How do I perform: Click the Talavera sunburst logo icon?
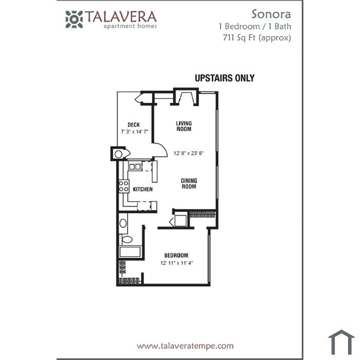coord(74,20)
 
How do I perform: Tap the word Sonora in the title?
coord(271,14)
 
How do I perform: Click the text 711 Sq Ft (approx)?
coord(257,38)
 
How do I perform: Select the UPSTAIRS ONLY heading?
coord(225,78)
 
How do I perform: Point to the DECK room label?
coord(134,124)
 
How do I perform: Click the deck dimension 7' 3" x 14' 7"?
coord(135,132)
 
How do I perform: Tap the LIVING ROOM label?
coord(184,127)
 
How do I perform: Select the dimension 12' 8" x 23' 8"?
coord(189,153)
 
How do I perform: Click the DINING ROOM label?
coord(189,184)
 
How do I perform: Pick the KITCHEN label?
coord(143,189)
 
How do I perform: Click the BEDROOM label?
coord(176,255)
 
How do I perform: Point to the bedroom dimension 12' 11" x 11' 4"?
coord(176,263)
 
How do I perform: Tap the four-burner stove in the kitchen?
coord(124,186)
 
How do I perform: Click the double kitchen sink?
coord(135,167)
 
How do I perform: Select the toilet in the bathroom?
coord(125,240)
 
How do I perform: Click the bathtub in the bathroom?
coord(130,252)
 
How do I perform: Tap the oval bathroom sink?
coord(123,223)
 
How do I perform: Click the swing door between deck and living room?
coord(160,150)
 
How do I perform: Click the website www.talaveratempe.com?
coord(185,346)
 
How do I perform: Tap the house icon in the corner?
coord(341,342)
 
